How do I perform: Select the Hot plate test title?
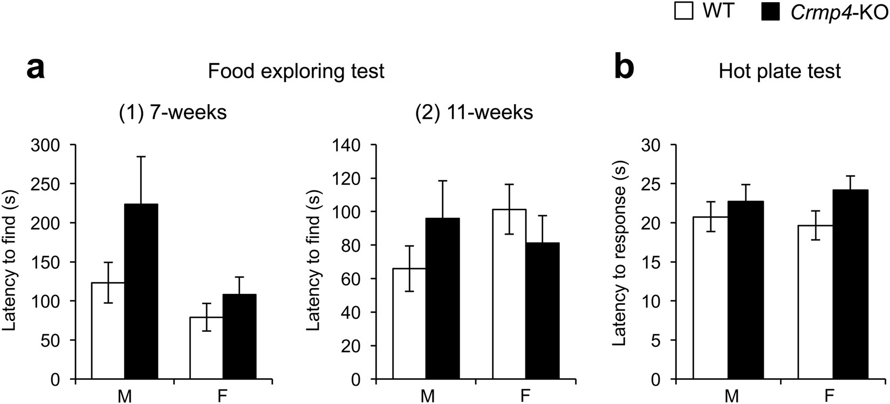780,71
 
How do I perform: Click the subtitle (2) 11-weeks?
477,113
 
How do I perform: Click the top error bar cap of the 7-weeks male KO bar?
141,156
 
